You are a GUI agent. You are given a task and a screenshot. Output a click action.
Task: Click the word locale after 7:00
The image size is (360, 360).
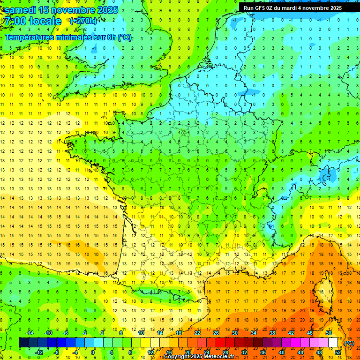(x=45, y=21)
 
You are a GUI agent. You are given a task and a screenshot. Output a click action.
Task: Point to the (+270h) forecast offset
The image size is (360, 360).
(x=83, y=21)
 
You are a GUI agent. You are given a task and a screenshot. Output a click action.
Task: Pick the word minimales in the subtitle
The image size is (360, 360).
(x=75, y=37)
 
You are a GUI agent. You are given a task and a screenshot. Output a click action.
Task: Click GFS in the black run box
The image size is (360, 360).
(x=260, y=8)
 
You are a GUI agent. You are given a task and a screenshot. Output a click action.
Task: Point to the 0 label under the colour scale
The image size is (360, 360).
(x=93, y=352)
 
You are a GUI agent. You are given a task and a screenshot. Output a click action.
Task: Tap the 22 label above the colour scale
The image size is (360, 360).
(x=197, y=333)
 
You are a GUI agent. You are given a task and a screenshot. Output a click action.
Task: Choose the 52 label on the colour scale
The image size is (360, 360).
(x=337, y=352)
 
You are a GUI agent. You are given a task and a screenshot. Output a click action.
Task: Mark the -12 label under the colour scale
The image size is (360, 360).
(x=39, y=352)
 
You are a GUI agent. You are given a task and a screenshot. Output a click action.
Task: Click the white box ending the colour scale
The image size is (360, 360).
(x=333, y=343)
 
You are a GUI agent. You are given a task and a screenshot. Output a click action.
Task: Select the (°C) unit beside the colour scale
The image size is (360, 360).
(x=349, y=343)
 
